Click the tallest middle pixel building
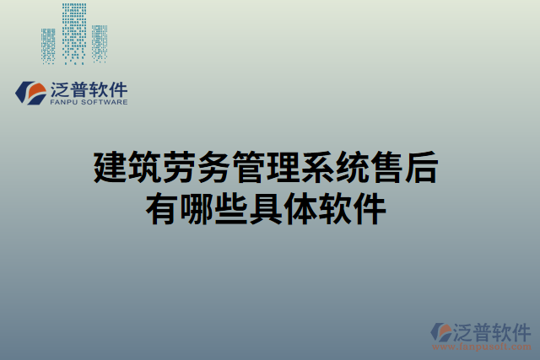pos(74,34)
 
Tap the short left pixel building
pos(48,46)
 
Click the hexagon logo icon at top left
pos(32,92)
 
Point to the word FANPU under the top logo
pos(65,102)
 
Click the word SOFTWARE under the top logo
pos(105,102)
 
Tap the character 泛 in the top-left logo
pos(62,89)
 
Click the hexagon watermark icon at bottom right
pos(442,332)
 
